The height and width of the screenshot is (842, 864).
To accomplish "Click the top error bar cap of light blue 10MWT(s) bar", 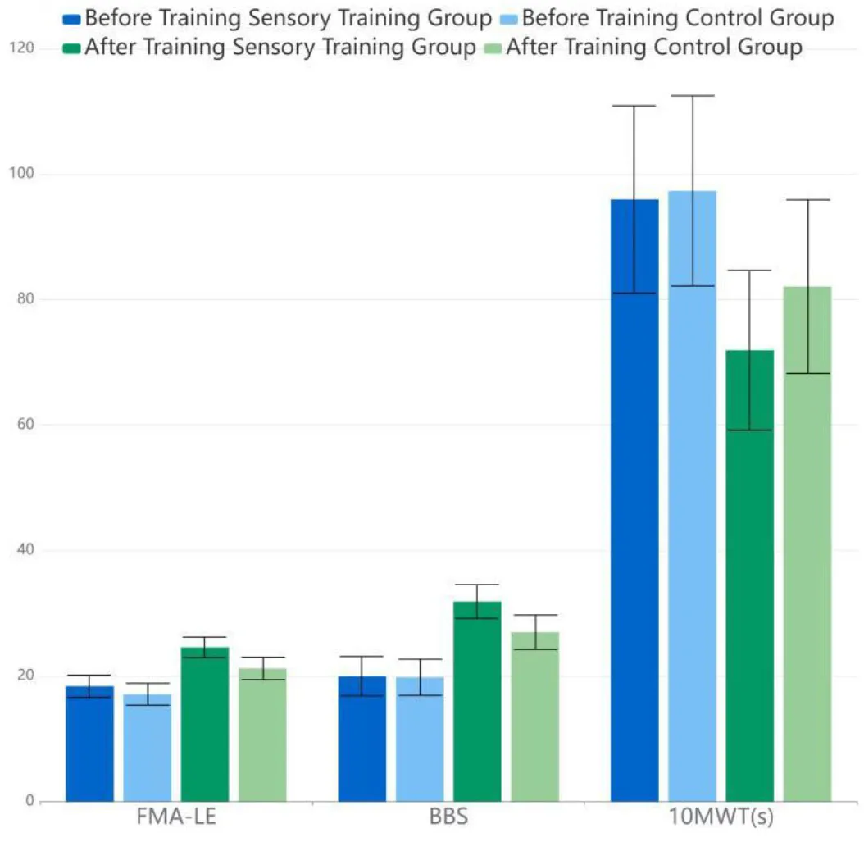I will (692, 96).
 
